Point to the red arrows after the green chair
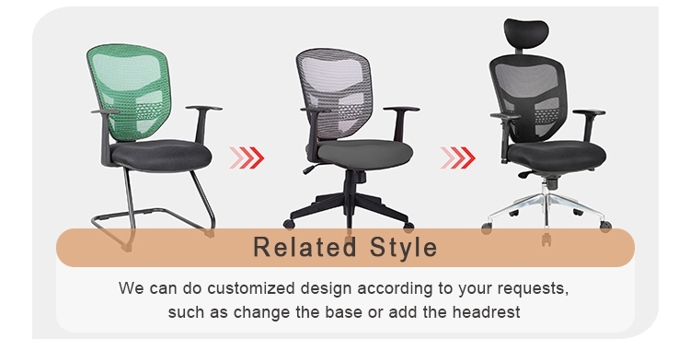click(x=247, y=158)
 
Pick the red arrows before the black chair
click(x=457, y=158)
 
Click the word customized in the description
click(x=228, y=288)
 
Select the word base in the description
click(x=346, y=312)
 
